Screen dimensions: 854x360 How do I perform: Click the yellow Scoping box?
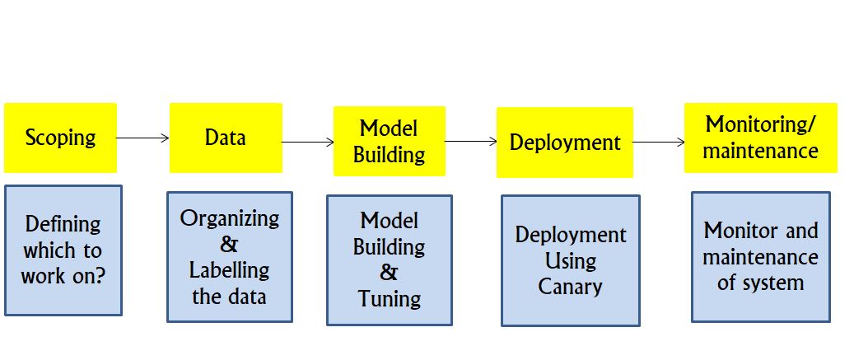[60, 138]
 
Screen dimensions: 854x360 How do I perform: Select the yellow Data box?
[226, 138]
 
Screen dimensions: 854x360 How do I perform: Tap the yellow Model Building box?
[390, 141]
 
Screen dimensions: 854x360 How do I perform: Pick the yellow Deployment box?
[565, 143]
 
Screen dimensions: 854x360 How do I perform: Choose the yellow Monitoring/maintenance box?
[761, 138]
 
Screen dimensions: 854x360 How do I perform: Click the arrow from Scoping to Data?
[143, 138]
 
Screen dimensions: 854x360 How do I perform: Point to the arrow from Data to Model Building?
[308, 143]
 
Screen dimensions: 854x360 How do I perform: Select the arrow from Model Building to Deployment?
[471, 142]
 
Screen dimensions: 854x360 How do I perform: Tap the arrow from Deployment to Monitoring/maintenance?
[659, 143]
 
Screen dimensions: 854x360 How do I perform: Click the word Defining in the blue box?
[63, 224]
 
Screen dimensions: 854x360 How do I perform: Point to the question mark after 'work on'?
[99, 276]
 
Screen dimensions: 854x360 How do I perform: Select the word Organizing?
[229, 218]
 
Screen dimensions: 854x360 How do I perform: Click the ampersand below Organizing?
[229, 245]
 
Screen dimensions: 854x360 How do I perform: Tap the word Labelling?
[229, 271]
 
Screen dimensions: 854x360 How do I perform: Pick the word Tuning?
[390, 299]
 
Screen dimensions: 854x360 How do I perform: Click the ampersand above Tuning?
[389, 273]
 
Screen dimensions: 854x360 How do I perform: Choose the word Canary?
[570, 287]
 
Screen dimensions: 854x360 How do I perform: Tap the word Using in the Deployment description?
[570, 261]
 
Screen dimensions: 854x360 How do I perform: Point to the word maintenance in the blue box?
[760, 256]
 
